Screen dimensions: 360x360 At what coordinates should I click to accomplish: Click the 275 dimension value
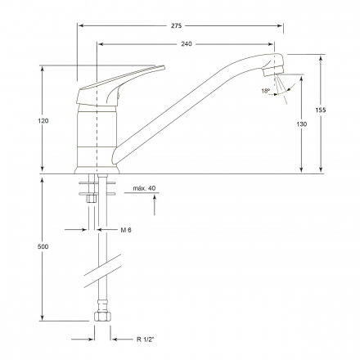pyautogui.click(x=176, y=25)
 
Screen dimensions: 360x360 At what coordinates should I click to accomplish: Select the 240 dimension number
pyautogui.click(x=187, y=44)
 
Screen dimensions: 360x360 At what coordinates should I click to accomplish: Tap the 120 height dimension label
pyautogui.click(x=43, y=120)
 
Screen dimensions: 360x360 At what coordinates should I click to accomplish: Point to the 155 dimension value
pyautogui.click(x=321, y=110)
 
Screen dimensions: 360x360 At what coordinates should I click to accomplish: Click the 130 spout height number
pyautogui.click(x=301, y=124)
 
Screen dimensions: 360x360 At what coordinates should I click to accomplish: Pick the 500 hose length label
pyautogui.click(x=43, y=246)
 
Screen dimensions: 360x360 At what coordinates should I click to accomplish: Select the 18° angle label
pyautogui.click(x=265, y=91)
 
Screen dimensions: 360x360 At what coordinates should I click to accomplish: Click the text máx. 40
pyautogui.click(x=144, y=188)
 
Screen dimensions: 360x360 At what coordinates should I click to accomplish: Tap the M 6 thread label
pyautogui.click(x=126, y=230)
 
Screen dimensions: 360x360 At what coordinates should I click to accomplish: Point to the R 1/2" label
pyautogui.click(x=146, y=340)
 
